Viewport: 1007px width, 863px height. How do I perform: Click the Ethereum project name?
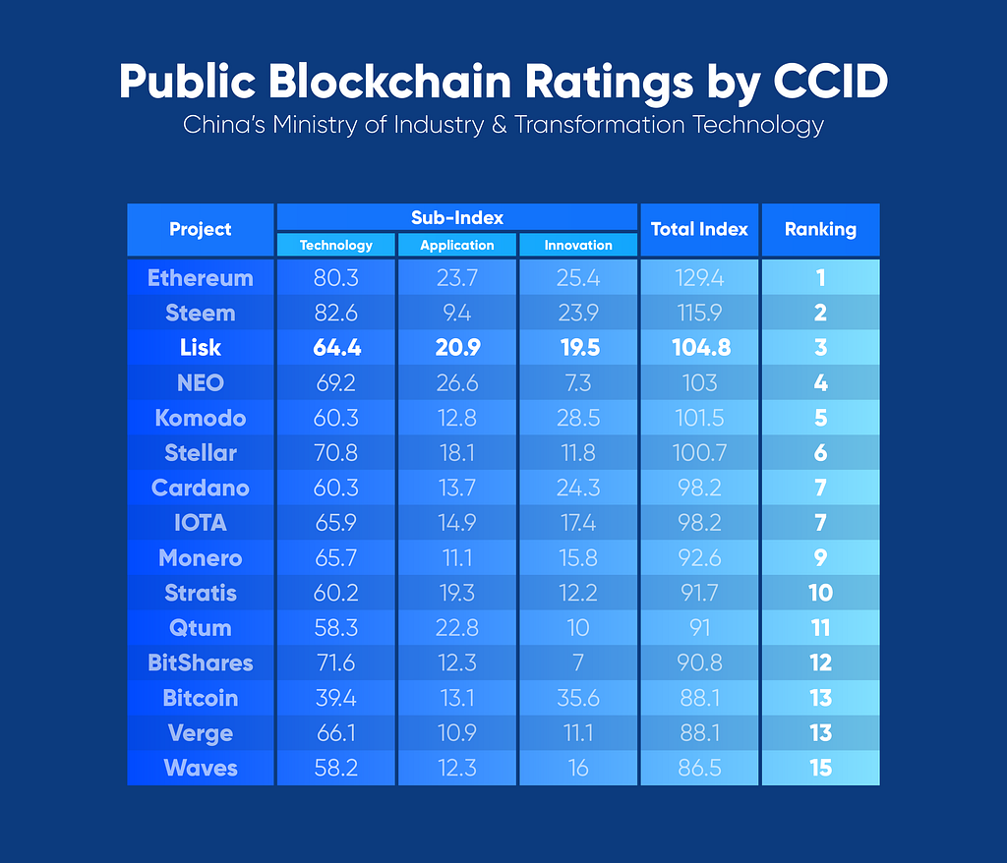click(200, 278)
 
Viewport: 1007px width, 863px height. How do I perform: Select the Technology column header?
click(336, 245)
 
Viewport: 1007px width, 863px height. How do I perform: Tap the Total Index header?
click(699, 229)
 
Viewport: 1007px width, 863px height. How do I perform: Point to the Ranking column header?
click(820, 229)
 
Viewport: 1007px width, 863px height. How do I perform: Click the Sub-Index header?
click(456, 217)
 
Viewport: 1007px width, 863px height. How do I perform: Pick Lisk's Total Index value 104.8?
click(699, 348)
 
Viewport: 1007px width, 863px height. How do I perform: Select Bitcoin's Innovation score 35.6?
click(578, 698)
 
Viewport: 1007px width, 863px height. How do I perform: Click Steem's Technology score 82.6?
click(336, 314)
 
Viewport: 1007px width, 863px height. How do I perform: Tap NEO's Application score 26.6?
click(456, 383)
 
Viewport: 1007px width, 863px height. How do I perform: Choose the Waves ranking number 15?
click(820, 768)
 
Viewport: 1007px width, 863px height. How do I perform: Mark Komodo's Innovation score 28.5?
click(578, 418)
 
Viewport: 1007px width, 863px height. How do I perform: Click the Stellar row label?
click(200, 453)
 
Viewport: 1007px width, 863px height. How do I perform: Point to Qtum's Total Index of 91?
click(699, 628)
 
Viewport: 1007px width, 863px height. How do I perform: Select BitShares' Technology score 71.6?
click(336, 662)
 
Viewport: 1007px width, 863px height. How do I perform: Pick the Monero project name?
click(200, 558)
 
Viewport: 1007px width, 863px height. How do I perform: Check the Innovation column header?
click(578, 245)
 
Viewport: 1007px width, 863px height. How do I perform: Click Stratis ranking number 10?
click(820, 593)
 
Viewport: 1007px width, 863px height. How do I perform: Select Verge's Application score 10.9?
click(456, 733)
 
